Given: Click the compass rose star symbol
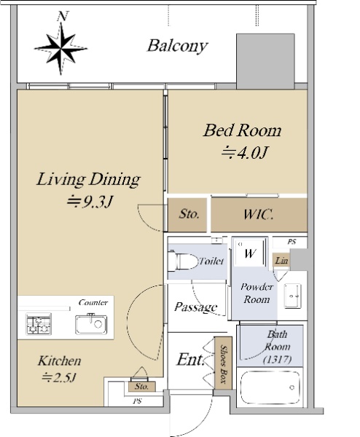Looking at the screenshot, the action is coord(60,49).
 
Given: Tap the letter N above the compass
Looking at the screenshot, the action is coord(63,16).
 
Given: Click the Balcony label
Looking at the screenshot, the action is coord(177,46).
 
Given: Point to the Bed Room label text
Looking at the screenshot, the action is coord(242,130).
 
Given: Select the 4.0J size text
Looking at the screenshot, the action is coord(245,152).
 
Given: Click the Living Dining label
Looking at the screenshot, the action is coord(88,179).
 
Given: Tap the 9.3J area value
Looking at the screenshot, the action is coord(90,202).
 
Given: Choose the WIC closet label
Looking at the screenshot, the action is coord(259,215).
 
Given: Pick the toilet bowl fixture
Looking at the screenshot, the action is coord(183,261).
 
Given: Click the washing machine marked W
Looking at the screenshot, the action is coord(249,253).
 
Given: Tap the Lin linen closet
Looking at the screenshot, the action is coord(281,260).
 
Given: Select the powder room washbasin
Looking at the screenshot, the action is coord(292,296).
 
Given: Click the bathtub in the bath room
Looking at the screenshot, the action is coord(270,387).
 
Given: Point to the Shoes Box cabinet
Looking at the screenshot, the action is coord(223,363).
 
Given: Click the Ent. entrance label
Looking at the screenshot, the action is coord(190,360).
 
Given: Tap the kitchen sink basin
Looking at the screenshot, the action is coord(91,324).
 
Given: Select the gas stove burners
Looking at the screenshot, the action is coord(39,324).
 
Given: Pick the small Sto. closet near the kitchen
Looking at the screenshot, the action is coord(141,386).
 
